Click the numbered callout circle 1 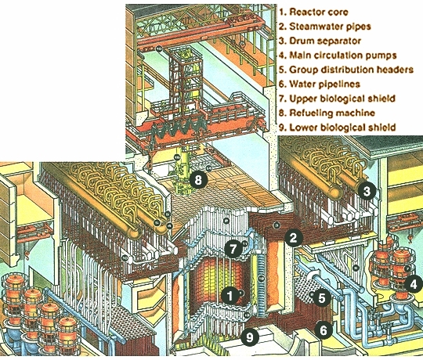pyautogui.click(x=230, y=296)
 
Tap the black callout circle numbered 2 pyautogui.click(x=293, y=238)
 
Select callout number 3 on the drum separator pyautogui.click(x=367, y=191)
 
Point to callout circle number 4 pyautogui.click(x=414, y=284)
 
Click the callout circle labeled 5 pyautogui.click(x=322, y=297)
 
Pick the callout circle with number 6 pyautogui.click(x=324, y=329)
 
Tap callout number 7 pyautogui.click(x=233, y=248)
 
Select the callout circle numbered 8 pyautogui.click(x=198, y=179)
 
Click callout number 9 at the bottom pyautogui.click(x=250, y=337)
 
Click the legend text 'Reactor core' pyautogui.click(x=318, y=12)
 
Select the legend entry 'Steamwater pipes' pyautogui.click(x=330, y=27)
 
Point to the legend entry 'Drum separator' pyautogui.click(x=325, y=41)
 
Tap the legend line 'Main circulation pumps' pyautogui.click(x=342, y=56)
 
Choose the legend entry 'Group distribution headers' pyautogui.click(x=351, y=70)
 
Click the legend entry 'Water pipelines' pyautogui.click(x=324, y=84)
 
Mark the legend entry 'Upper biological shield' pyautogui.click(x=342, y=99)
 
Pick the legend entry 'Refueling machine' pyautogui.click(x=332, y=113)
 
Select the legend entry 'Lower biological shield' pyautogui.click(x=342, y=128)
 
